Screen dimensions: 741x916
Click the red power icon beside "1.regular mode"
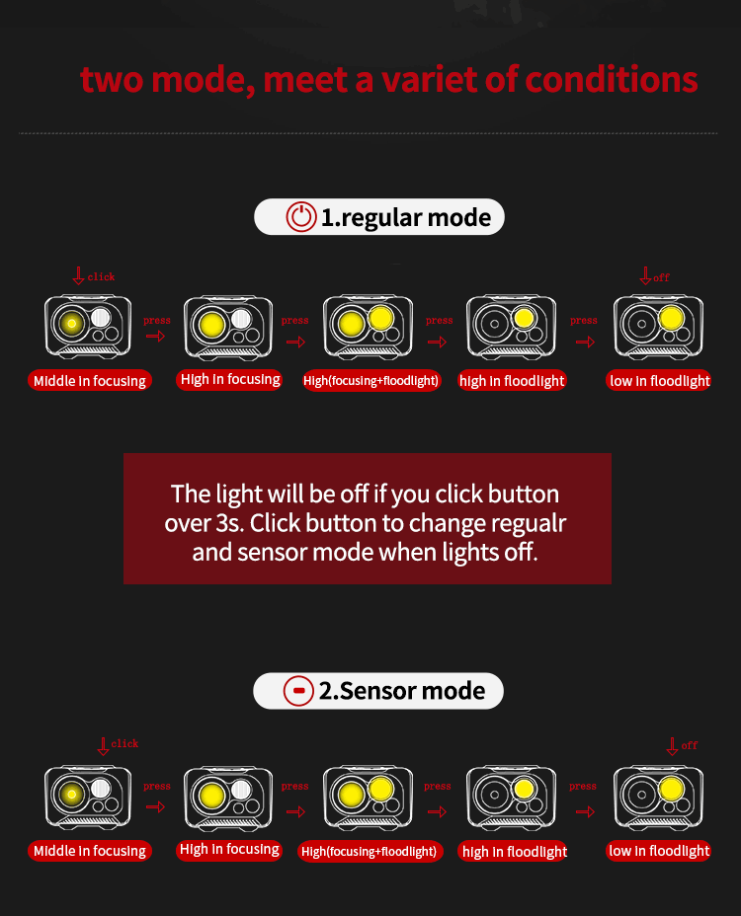[x=301, y=217]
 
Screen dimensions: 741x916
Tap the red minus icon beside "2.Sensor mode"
[x=298, y=691]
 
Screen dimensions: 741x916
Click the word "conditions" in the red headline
[x=612, y=79]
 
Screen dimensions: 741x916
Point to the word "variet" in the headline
[x=429, y=79]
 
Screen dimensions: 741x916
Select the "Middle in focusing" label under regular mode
[x=90, y=381]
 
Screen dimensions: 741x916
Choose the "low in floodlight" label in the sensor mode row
[x=659, y=851]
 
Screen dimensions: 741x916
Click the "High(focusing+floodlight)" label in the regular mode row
[x=370, y=381]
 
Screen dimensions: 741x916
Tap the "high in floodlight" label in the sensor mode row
[x=514, y=852]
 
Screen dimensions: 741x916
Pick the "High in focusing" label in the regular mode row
[x=230, y=380]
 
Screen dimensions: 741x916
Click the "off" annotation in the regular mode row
[x=661, y=278]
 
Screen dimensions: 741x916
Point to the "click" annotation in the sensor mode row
[x=124, y=743]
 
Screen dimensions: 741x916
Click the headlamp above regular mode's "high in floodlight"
[x=511, y=327]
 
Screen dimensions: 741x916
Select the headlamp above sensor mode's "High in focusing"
[x=228, y=798]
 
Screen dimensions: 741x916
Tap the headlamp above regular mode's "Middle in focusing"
[x=88, y=327]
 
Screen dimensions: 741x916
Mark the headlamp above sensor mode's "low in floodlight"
[x=659, y=798]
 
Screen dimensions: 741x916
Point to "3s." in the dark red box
[x=229, y=523]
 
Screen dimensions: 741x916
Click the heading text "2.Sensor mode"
[x=402, y=691]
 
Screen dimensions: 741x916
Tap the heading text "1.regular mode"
[x=406, y=218]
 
